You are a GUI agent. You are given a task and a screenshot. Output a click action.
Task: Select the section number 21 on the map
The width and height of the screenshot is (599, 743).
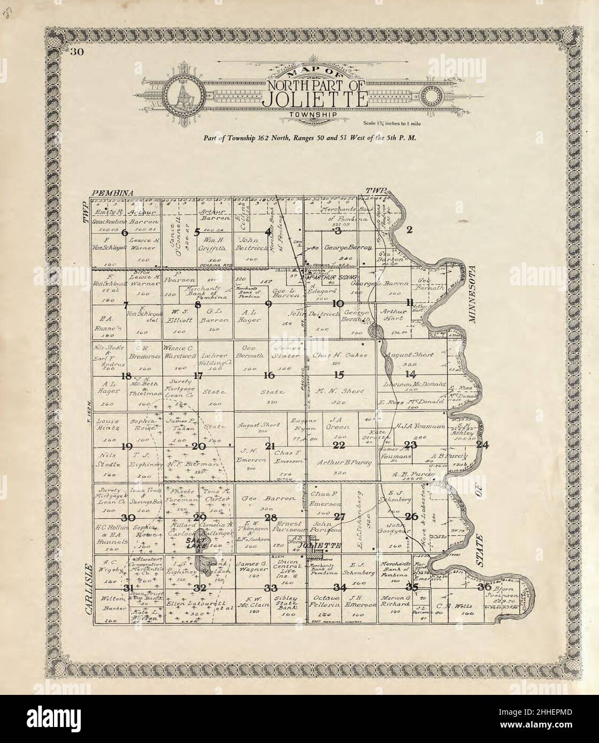tap(270, 446)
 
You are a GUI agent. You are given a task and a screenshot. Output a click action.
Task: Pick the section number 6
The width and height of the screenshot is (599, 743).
tap(125, 233)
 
